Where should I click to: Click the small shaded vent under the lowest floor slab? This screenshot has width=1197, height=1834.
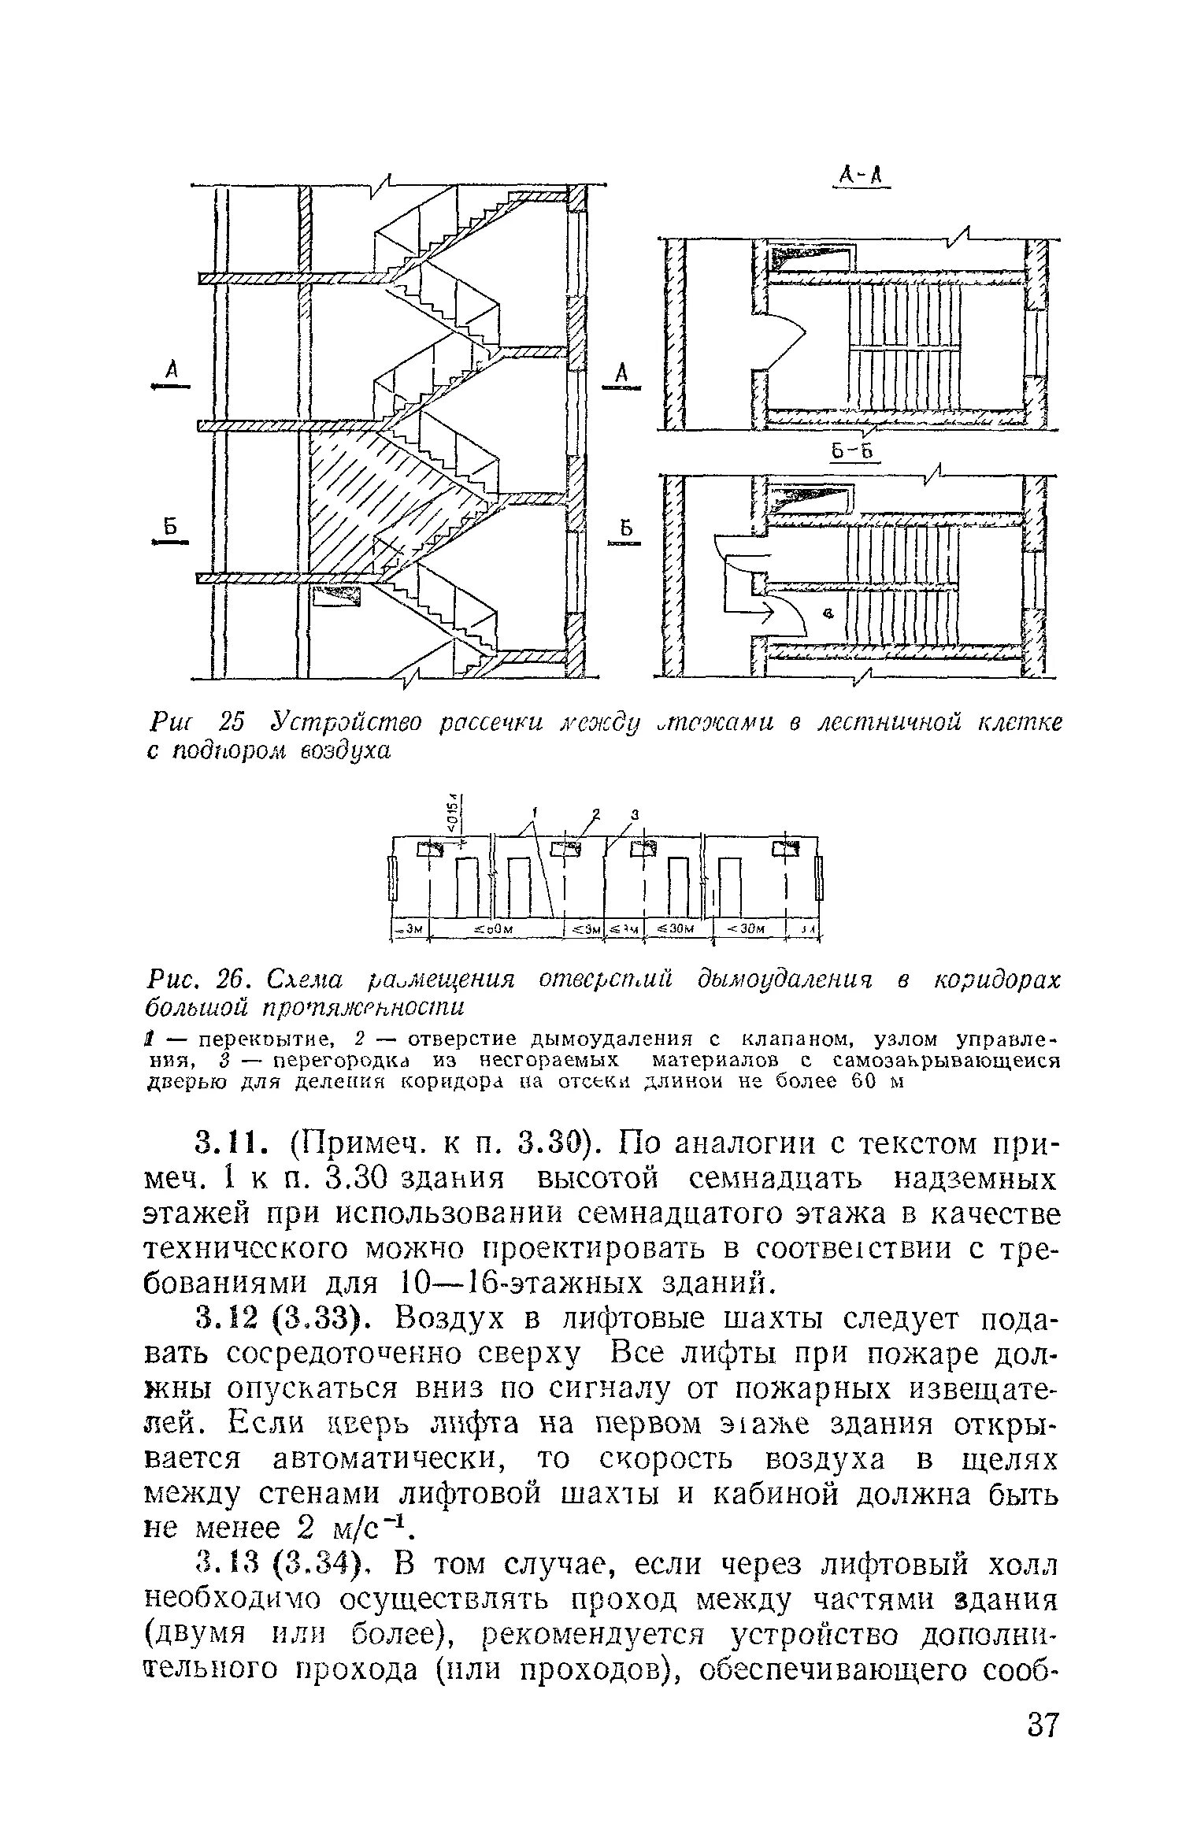(x=337, y=595)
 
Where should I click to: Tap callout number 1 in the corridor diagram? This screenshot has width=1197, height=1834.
(x=533, y=810)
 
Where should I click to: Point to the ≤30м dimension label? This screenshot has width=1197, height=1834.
(x=678, y=928)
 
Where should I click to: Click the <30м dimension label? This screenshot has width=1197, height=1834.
(x=748, y=928)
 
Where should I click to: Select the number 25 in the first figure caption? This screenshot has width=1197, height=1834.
(x=232, y=721)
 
